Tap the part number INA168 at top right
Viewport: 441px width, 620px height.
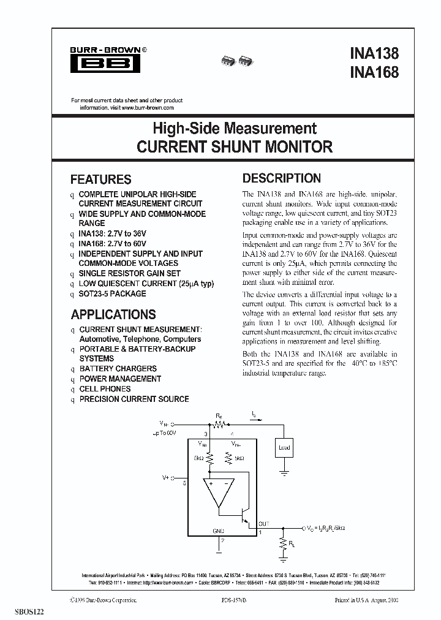tap(375, 72)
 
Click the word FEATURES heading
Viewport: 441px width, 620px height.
tap(101, 180)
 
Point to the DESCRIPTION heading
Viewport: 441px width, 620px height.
tap(282, 178)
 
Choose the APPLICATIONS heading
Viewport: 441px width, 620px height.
tap(113, 315)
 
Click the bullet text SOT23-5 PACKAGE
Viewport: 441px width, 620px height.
tap(113, 293)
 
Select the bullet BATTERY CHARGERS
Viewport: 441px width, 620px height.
tap(118, 369)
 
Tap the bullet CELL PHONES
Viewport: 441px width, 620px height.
tap(105, 388)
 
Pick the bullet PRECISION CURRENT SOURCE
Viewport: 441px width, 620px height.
tap(134, 399)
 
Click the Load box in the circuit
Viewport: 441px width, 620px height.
tap(284, 447)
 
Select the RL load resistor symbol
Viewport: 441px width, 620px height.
tap(283, 543)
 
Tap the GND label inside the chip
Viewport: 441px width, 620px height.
tap(218, 530)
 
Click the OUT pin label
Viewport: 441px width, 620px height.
tap(263, 523)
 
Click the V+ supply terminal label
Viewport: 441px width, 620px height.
tap(165, 476)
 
